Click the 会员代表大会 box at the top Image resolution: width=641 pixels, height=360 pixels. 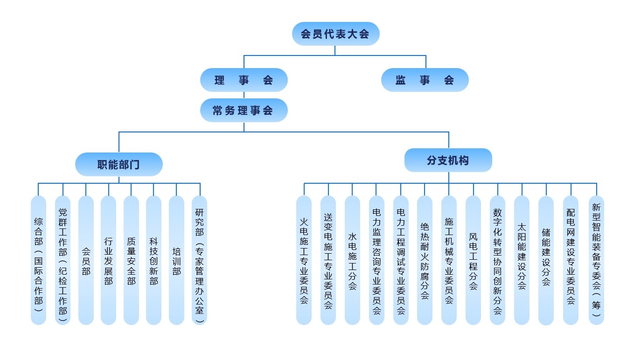click(335, 34)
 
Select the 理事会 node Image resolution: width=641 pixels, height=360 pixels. click(244, 80)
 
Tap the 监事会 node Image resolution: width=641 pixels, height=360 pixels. click(425, 80)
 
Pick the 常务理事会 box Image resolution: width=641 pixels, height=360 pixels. click(244, 111)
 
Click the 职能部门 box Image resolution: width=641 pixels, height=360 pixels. click(118, 164)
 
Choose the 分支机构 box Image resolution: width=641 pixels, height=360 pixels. click(448, 160)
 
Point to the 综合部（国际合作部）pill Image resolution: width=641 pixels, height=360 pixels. click(38, 260)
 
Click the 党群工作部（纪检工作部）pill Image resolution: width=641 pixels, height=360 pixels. click(63, 260)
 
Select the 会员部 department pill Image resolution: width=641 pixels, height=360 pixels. click(86, 260)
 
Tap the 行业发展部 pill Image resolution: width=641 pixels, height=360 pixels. click(108, 260)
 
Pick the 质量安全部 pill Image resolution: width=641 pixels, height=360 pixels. click(131, 260)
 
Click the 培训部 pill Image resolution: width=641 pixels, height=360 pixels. click(176, 260)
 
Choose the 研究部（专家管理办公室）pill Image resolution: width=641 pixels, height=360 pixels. click(199, 260)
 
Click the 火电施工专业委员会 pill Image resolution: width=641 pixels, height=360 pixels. click(304, 260)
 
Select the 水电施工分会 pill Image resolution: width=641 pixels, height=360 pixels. click(352, 260)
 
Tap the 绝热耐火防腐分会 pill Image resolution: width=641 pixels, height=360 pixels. click(425, 260)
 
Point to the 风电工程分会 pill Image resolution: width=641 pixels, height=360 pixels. click(473, 260)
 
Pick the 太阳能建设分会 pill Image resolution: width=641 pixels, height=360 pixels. click(522, 260)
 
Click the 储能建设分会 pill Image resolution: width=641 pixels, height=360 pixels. click(546, 260)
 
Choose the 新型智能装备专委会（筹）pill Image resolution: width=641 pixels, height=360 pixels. click(596, 260)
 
